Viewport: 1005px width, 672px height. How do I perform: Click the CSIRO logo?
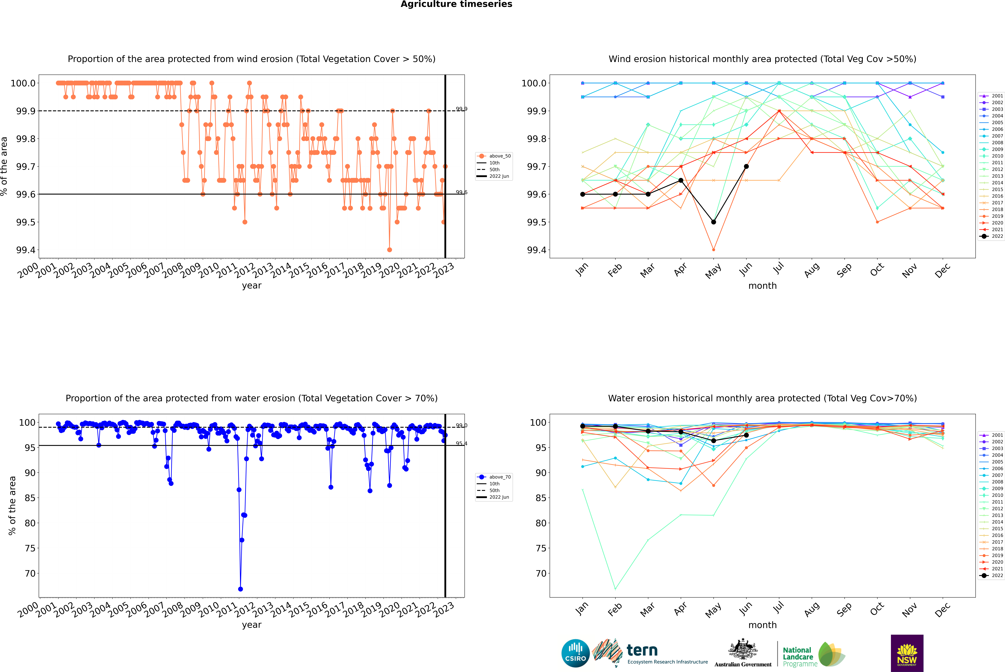575,653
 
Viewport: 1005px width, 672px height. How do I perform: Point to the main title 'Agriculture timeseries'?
456,4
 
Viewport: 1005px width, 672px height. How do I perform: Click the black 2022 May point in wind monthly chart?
713,222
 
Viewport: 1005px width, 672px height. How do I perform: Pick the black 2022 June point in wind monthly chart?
746,166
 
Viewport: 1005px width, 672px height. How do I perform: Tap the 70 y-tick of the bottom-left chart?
30,573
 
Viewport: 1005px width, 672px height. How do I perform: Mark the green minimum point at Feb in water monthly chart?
615,589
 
